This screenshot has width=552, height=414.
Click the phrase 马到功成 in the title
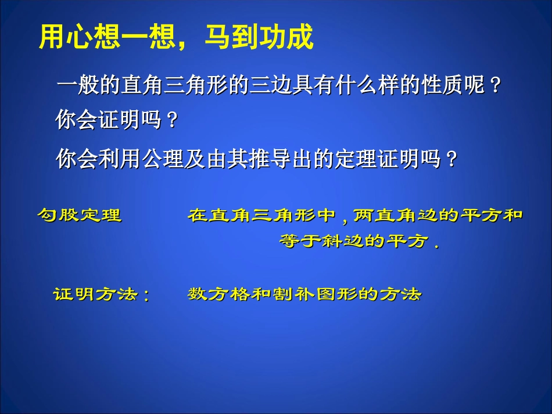point(259,38)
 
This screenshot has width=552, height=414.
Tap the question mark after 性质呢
point(494,87)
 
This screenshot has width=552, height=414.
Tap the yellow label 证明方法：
point(102,294)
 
